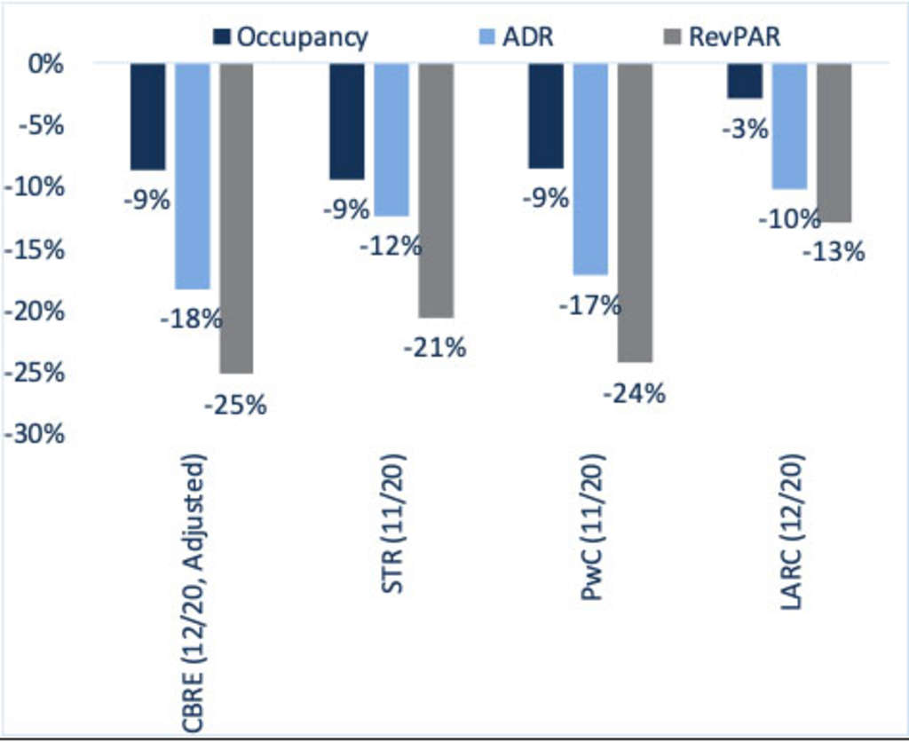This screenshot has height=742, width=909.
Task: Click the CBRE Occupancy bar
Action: tap(147, 116)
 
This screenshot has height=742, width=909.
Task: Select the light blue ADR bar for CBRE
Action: tap(193, 176)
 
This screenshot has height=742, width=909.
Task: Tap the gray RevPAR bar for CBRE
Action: tap(236, 217)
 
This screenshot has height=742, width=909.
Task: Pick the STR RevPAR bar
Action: tap(436, 190)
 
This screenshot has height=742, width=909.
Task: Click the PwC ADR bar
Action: tap(590, 169)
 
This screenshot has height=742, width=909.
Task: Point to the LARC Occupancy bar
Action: tap(746, 81)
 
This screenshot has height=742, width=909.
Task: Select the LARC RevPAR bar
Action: tap(834, 142)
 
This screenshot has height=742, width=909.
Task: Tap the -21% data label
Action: tap(434, 348)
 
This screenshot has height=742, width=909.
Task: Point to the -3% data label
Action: tap(745, 130)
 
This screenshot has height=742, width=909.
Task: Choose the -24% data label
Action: tap(634, 392)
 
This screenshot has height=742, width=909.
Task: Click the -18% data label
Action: tap(191, 318)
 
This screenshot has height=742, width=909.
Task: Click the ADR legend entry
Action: tap(524, 37)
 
